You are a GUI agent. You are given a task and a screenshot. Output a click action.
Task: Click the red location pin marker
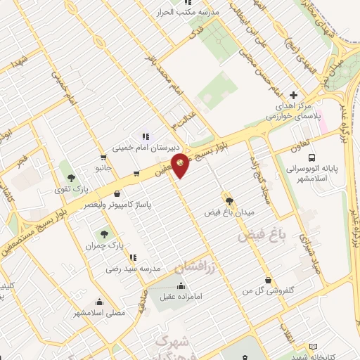click(181, 164)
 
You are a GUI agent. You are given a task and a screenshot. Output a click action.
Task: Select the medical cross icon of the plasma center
click(294, 96)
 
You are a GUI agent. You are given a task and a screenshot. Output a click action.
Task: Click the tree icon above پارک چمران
click(105, 232)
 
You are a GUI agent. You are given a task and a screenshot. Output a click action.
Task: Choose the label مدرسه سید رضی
click(134, 269)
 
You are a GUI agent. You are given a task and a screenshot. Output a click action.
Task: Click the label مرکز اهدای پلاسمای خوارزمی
click(292, 112)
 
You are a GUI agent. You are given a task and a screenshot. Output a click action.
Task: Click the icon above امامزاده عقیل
click(181, 285)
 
